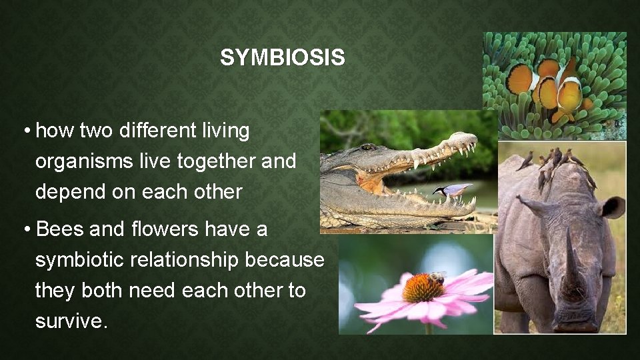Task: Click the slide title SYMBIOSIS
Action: pyautogui.click(x=283, y=58)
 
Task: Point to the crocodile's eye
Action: pyautogui.click(x=367, y=147)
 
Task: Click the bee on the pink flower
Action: pyautogui.click(x=437, y=277)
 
